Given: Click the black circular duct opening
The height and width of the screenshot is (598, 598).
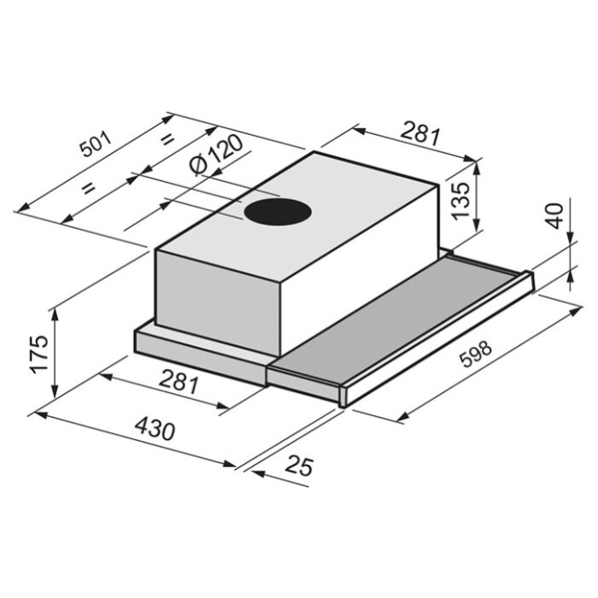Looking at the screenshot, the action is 278,212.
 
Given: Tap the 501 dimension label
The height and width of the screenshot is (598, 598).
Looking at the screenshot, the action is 97,144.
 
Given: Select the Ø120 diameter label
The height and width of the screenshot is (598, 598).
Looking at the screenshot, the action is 216,155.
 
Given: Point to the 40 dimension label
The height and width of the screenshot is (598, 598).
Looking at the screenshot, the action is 555,216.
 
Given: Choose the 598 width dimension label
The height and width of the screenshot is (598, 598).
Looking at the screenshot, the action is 476,354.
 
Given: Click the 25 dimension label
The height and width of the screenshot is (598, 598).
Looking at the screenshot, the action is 300,465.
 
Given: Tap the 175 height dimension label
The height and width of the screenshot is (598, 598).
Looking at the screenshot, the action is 39,355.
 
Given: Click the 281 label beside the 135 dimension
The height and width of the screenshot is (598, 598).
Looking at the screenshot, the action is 421,132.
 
